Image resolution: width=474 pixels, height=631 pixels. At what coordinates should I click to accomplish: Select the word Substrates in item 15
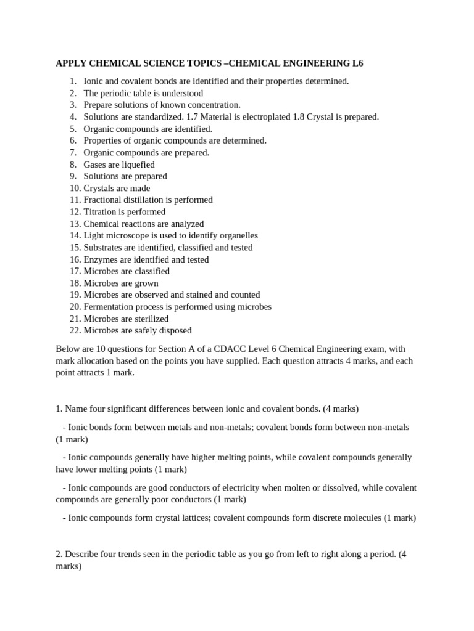pyautogui.click(x=104, y=247)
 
